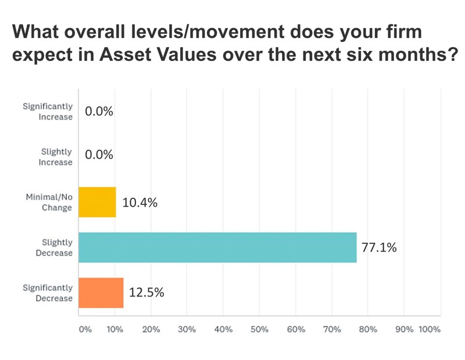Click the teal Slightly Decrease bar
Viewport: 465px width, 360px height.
[x=217, y=247]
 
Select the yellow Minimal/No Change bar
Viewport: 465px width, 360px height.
[x=97, y=202]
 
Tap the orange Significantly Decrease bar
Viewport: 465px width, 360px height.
[x=101, y=293]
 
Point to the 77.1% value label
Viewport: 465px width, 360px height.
[x=379, y=248]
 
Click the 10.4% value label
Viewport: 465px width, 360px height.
[x=140, y=203]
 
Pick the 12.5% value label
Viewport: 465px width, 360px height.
[x=146, y=293]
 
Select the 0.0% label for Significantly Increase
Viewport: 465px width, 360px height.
[x=99, y=111]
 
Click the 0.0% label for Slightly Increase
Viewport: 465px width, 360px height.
[x=99, y=157]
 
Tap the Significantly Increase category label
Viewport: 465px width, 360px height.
[x=48, y=111]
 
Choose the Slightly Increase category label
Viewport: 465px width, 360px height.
[x=56, y=157]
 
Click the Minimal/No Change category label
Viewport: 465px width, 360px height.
[x=51, y=202]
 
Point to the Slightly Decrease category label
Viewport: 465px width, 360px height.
[x=56, y=247]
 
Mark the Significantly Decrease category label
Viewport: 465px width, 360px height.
[x=48, y=293]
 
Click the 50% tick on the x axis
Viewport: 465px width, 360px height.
[x=259, y=329]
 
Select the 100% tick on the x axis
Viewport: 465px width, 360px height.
[x=430, y=329]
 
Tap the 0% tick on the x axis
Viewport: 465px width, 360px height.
[x=85, y=329]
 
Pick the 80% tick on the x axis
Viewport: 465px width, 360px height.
[x=368, y=329]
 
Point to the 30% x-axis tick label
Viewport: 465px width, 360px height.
[x=187, y=329]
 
